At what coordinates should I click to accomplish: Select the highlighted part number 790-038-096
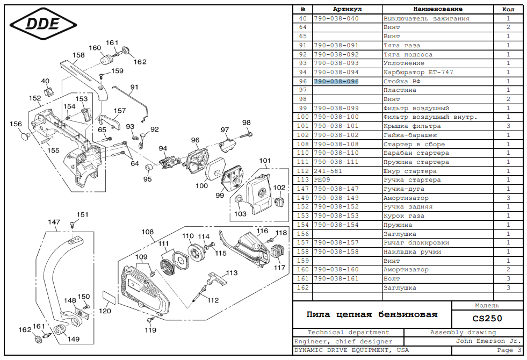[336, 81]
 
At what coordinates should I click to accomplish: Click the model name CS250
[487, 318]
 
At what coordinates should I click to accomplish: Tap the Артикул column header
[347, 9]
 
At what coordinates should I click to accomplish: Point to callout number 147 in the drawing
[54, 222]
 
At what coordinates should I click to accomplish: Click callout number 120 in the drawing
[105, 311]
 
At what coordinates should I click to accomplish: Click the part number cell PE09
[321, 179]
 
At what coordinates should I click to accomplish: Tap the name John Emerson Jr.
[488, 341]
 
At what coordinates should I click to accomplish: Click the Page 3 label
[509, 350]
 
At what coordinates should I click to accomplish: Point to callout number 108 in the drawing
[148, 232]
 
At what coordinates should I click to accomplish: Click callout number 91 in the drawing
[134, 87]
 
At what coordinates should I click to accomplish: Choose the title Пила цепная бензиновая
[372, 314]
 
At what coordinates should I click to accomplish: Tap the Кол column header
[508, 9]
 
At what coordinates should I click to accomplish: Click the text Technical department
[348, 333]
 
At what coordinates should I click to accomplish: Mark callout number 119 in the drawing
[150, 330]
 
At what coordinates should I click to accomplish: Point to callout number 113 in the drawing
[232, 273]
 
